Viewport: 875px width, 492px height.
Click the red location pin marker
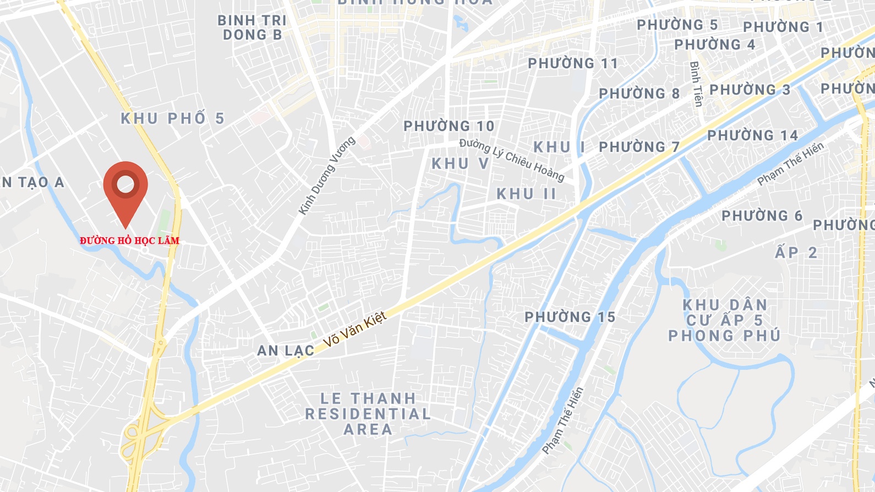pos(125,187)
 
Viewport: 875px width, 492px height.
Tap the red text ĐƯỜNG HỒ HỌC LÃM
pos(129,240)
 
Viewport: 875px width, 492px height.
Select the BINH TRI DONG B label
pos(252,28)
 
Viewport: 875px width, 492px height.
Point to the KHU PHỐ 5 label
pos(172,118)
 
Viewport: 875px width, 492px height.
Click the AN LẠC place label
pos(286,351)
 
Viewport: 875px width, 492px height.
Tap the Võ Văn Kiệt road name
pos(354,329)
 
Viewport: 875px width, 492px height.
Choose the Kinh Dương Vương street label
pos(326,176)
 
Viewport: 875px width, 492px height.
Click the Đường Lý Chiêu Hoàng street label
pos(512,160)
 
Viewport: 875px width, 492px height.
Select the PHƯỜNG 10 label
pos(449,126)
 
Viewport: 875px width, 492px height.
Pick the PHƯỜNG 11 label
pos(572,63)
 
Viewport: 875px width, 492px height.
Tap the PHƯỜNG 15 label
pos(570,317)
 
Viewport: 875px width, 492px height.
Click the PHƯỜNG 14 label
pos(752,135)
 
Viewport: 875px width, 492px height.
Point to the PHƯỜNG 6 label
pos(762,216)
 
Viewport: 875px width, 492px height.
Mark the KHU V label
pos(460,163)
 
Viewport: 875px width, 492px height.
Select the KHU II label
pos(526,194)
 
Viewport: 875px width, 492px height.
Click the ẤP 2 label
pos(796,253)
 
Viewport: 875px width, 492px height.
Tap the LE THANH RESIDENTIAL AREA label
pos(368,414)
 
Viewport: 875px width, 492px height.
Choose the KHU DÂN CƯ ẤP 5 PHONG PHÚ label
pos(724,320)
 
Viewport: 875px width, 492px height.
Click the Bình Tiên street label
pos(696,84)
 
